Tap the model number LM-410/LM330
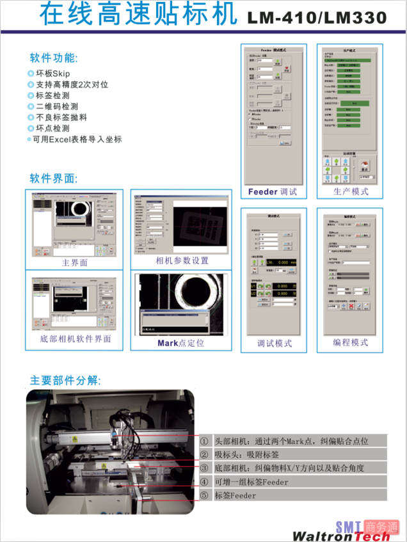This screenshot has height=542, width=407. pyautogui.click(x=317, y=18)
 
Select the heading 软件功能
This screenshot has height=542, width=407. pyautogui.click(x=54, y=58)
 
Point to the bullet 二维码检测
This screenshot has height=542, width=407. pyautogui.click(x=57, y=107)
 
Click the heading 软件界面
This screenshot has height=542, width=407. pyautogui.click(x=54, y=178)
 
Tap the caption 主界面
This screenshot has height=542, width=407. pyautogui.click(x=74, y=263)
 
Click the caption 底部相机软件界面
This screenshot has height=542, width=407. pyautogui.click(x=75, y=339)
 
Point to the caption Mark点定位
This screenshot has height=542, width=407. pyautogui.click(x=181, y=343)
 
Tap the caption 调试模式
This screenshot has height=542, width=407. pyautogui.click(x=274, y=343)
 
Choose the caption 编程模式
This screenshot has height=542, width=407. pyautogui.click(x=351, y=342)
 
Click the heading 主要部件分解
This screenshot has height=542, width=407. pyautogui.click(x=64, y=380)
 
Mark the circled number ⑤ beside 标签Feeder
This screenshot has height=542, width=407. pyautogui.click(x=204, y=495)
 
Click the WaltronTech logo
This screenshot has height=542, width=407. pyautogui.click(x=342, y=536)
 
